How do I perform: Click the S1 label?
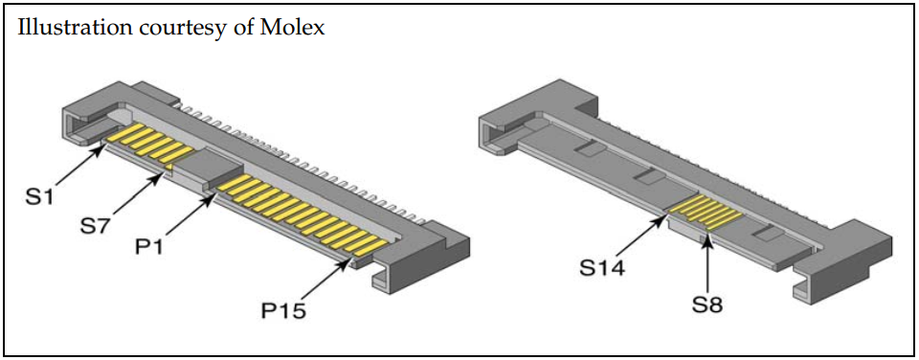(41, 196)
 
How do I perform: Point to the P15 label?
(283, 310)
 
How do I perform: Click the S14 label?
(602, 268)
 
